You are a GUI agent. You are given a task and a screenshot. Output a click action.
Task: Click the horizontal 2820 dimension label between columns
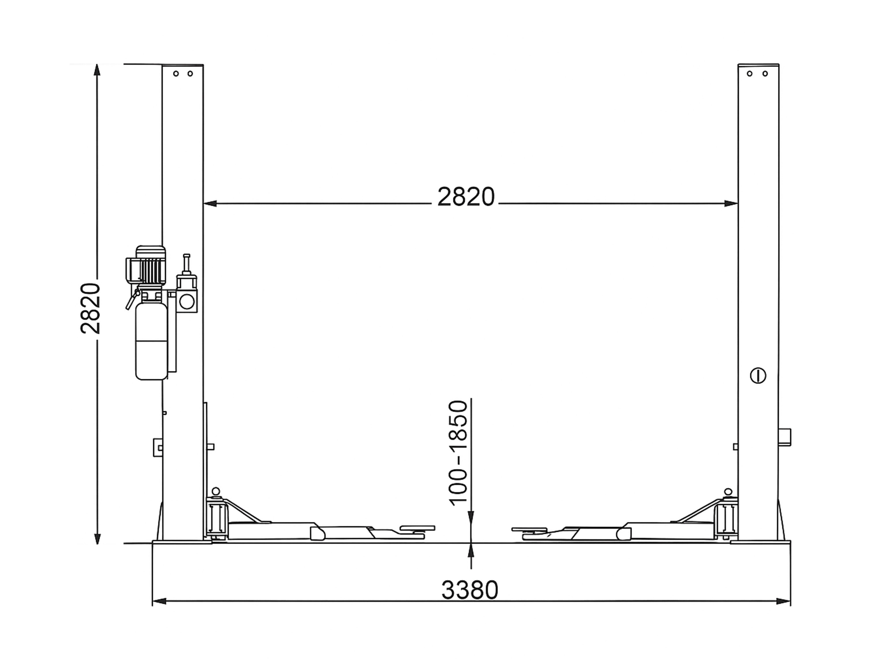point(466,197)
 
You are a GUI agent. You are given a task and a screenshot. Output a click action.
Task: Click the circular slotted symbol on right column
point(758,375)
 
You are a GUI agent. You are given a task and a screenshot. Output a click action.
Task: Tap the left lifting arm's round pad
point(417,528)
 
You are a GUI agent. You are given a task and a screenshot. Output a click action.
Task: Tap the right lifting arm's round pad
point(529,529)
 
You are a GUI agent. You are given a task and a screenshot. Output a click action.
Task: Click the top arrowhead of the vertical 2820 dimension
point(97,70)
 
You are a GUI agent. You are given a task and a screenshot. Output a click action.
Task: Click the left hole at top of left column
point(176,74)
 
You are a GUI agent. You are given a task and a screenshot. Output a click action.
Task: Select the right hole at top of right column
point(765,74)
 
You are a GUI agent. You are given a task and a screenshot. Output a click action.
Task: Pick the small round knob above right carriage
point(728,492)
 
